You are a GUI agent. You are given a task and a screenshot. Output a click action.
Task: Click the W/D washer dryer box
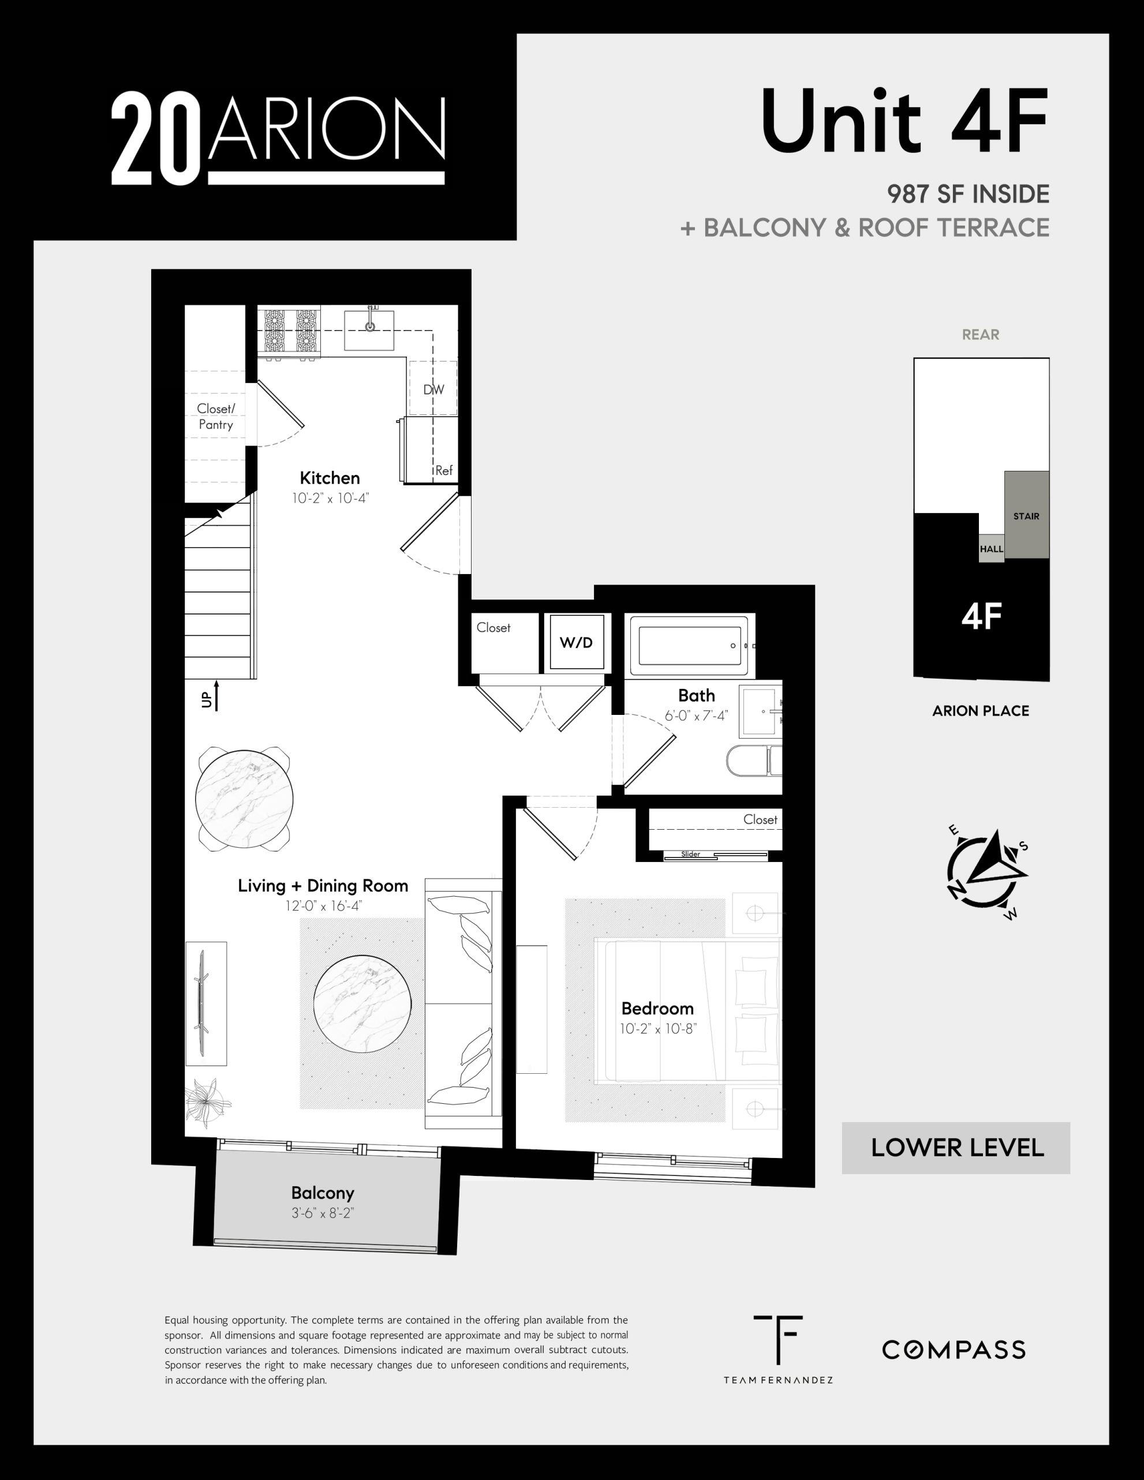576,642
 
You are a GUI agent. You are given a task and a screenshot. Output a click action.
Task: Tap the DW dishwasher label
433,389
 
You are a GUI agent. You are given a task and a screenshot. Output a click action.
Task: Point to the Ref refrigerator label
444,470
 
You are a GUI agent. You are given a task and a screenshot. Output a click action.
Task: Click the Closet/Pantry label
215,417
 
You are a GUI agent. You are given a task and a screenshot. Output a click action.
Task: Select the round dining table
244,799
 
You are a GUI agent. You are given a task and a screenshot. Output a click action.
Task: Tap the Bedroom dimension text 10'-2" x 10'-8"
658,1029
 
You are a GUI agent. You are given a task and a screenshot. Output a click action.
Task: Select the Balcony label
323,1193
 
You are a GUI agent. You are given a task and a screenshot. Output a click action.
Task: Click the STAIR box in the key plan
1027,515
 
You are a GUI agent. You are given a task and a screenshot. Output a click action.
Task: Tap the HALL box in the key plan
991,548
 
